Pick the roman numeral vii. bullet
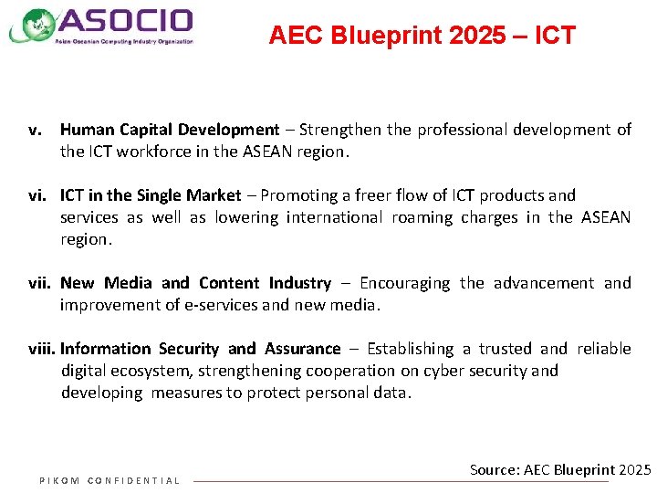point(38,283)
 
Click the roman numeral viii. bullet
point(41,349)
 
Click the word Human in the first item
point(87,130)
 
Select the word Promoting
point(299,195)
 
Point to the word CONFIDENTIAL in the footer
point(133,481)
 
